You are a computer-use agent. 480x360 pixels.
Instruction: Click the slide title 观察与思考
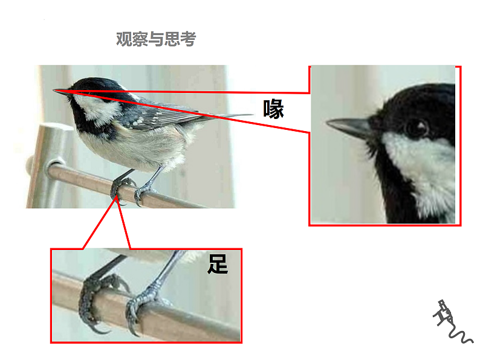(x=156, y=39)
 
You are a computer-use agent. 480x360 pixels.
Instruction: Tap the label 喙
(x=273, y=109)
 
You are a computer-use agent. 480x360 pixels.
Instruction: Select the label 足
(x=218, y=264)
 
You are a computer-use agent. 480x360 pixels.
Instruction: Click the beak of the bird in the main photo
(x=61, y=92)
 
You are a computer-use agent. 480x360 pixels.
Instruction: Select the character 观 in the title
(x=124, y=39)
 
